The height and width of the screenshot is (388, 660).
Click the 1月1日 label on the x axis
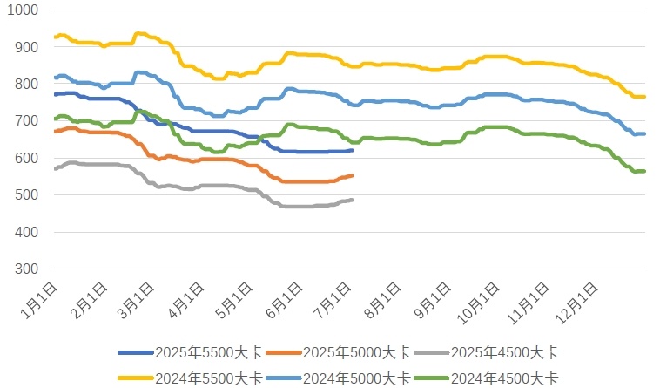pyautogui.click(x=42, y=299)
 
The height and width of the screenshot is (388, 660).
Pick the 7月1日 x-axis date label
pyautogui.click(x=337, y=299)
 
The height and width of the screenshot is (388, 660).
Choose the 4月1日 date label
pyautogui.click(x=189, y=299)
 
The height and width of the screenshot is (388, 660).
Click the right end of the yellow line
pyautogui.click(x=643, y=97)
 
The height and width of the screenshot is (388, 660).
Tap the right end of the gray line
pyautogui.click(x=352, y=200)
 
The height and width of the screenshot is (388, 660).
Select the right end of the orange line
pyautogui.click(x=352, y=175)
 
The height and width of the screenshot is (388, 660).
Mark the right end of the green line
pyautogui.click(x=643, y=171)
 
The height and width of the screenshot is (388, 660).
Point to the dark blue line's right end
pyautogui.click(x=352, y=150)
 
